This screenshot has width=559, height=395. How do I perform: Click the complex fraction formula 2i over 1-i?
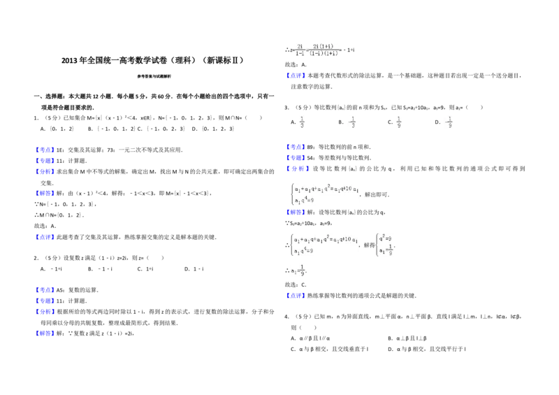pyautogui.click(x=316, y=50)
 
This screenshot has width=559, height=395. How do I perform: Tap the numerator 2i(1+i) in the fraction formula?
pyautogui.click(x=323, y=46)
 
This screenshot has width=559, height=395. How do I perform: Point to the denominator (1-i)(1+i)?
pyautogui.click(x=323, y=54)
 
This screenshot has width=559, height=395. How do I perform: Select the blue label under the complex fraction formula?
pyautogui.click(x=296, y=75)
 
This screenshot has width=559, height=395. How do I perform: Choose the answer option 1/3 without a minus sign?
pyautogui.click(x=302, y=121)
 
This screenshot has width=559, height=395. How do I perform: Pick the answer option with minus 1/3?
pyautogui.click(x=352, y=121)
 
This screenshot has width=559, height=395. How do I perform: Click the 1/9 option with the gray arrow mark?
pyautogui.click(x=397, y=121)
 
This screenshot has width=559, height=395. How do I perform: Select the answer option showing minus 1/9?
pyautogui.click(x=448, y=121)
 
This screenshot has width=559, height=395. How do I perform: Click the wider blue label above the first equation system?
pyautogui.click(x=298, y=168)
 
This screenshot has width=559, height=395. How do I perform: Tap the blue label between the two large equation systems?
pyautogui.click(x=296, y=213)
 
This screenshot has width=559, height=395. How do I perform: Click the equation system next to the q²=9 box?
pyautogui.click(x=326, y=243)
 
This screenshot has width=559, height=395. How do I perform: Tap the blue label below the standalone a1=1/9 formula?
pyautogui.click(x=296, y=296)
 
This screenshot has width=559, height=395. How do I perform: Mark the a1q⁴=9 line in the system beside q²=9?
pyautogui.click(x=303, y=251)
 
